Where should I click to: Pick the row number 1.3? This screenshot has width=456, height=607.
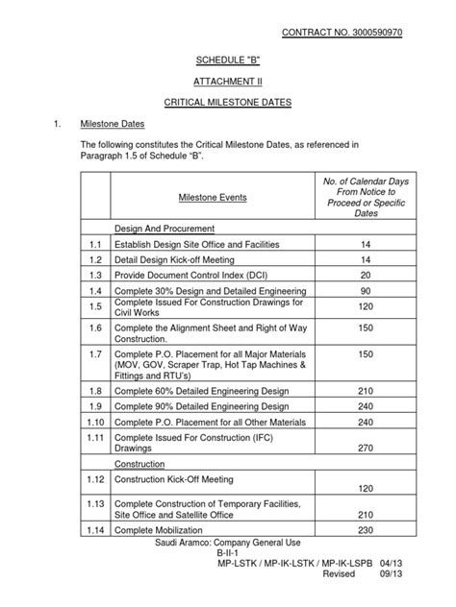93,276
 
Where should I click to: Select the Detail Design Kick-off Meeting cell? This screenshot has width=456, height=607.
175,260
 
